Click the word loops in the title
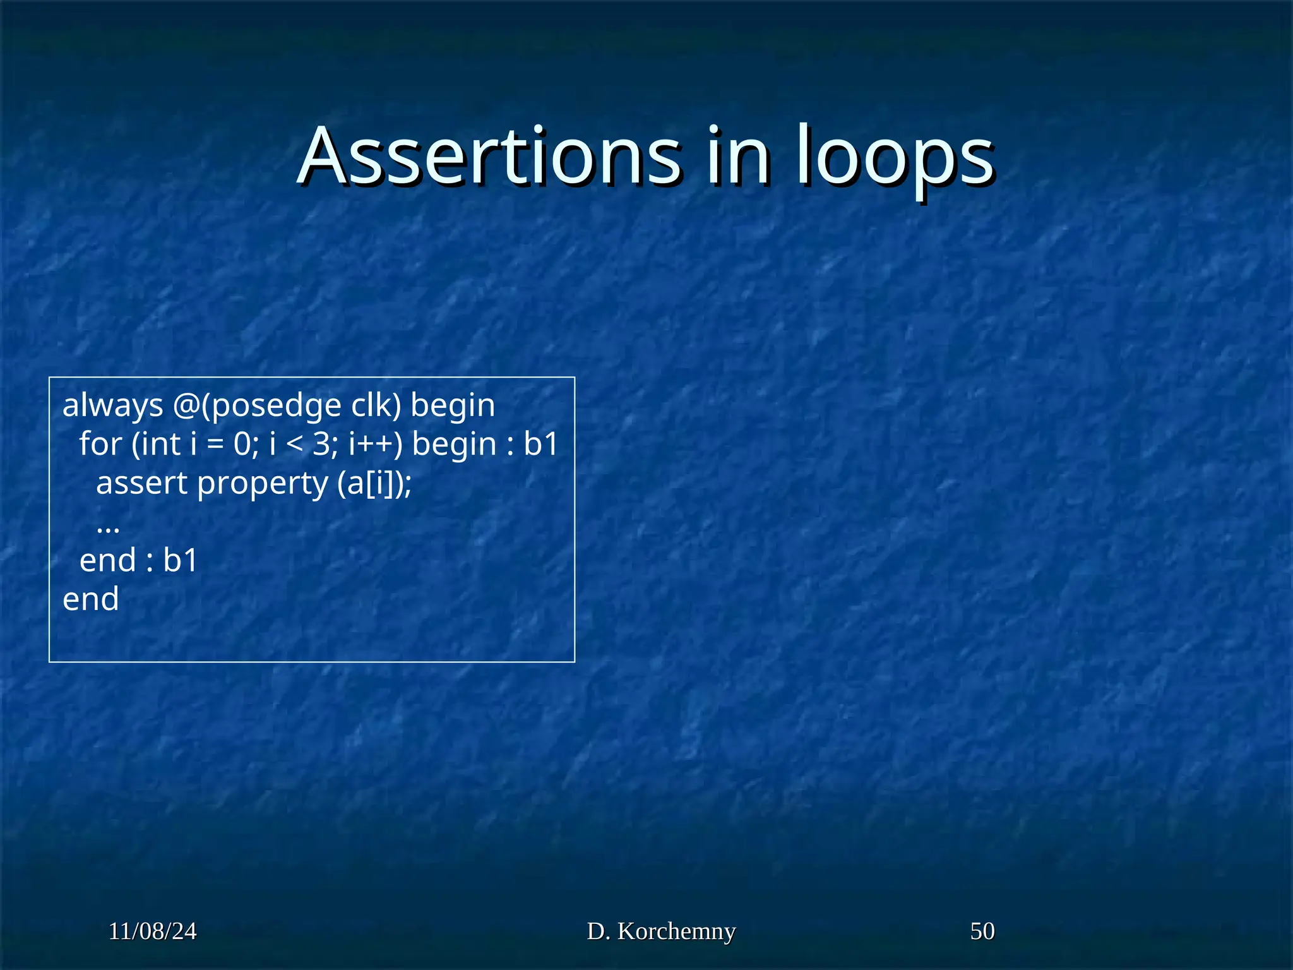point(895,158)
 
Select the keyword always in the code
point(113,406)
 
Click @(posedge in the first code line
point(257,406)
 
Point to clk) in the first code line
point(376,405)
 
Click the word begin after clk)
point(453,406)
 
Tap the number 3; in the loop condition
point(326,444)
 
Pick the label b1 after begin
point(541,444)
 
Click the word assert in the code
point(141,484)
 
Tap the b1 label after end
point(180,561)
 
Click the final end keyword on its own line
point(90,599)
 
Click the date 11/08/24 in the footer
point(152,931)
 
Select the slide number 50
point(982,931)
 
